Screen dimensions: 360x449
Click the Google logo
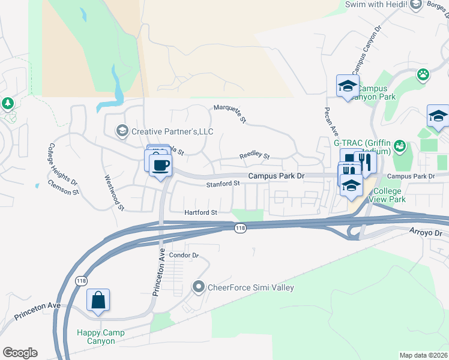[x=20, y=353]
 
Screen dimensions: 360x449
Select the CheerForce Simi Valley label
[x=250, y=287]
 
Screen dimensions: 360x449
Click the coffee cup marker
[x=160, y=164]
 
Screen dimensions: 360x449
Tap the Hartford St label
[x=200, y=212]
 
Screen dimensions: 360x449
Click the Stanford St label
[x=223, y=184]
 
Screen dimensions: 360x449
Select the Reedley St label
[x=255, y=155]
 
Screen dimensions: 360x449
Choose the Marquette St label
[x=231, y=113]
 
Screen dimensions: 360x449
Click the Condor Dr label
[x=184, y=255]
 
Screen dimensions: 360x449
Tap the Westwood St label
[x=114, y=193]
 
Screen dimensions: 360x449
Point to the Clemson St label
[x=64, y=188]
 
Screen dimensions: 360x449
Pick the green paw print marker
[x=424, y=74]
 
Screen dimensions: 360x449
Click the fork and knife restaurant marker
[x=364, y=161]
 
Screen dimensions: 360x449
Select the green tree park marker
[x=7, y=103]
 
